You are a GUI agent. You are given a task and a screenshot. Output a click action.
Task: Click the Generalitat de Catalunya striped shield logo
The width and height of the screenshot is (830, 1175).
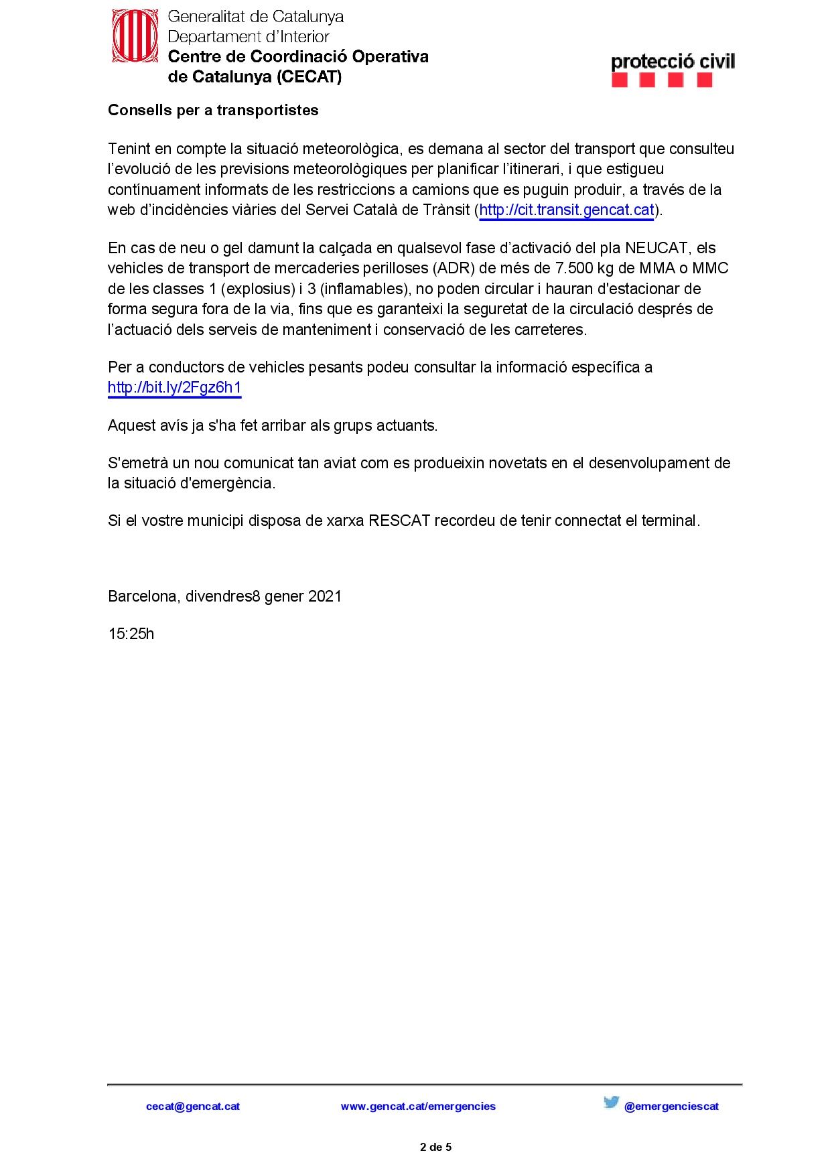coord(135,36)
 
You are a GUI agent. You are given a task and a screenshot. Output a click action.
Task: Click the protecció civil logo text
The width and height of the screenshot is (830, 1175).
coord(673,62)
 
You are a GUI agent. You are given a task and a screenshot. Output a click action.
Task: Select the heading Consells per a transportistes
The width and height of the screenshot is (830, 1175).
coord(213,111)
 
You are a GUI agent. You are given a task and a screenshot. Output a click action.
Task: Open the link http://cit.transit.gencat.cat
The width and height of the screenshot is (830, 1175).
coord(566,210)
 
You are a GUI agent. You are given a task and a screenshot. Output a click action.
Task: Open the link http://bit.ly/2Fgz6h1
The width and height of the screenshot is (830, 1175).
coord(174,388)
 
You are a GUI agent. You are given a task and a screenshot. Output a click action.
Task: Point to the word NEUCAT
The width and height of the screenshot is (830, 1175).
coord(656,249)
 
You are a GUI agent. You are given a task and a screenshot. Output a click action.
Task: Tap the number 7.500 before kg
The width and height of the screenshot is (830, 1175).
coord(574,269)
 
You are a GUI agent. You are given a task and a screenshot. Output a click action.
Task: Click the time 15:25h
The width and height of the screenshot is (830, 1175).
coord(131,634)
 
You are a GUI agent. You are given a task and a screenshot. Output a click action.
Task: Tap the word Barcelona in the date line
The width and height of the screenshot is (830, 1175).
coord(142,597)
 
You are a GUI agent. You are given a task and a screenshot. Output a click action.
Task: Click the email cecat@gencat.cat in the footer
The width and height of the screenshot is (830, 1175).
coord(193,1107)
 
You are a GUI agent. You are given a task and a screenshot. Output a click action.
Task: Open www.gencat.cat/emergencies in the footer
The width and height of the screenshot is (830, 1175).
coord(418,1107)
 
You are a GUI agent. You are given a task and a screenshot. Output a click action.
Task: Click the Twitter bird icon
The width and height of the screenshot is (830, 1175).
coord(611,1102)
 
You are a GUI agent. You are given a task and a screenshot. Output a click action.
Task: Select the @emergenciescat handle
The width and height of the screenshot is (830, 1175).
coord(671,1107)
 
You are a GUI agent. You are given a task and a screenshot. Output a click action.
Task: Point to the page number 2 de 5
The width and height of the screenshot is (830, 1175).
coord(435,1147)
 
